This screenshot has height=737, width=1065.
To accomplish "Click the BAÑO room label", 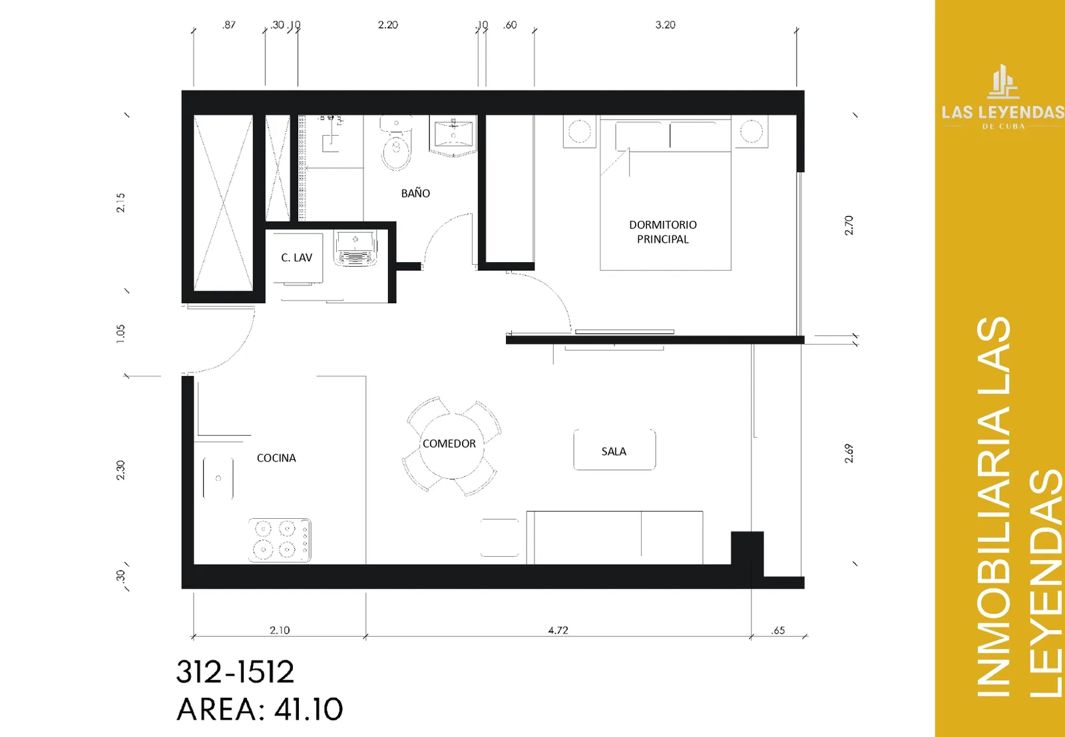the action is point(415,194).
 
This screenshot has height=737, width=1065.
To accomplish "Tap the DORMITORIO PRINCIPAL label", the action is point(663,232).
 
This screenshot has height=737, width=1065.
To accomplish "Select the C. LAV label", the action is point(296,257).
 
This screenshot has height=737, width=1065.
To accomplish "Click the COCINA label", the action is point(276,458).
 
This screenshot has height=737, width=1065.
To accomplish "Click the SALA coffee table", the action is point(614,450).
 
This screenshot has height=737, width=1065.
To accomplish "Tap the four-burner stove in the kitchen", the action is point(280,540).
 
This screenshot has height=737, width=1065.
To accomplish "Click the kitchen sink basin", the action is point(218,478).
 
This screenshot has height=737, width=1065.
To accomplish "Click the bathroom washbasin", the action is point(453,135).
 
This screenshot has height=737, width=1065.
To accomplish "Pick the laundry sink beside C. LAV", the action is point(355,247).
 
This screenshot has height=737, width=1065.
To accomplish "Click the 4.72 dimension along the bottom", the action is point(558,630).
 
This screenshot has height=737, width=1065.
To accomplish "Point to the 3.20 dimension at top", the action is point(665,25).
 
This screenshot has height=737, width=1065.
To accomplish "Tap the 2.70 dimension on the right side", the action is point(849,225).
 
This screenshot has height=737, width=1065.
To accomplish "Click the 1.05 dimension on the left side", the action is point(120,333).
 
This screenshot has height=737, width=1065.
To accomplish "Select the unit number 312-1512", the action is point(236,672).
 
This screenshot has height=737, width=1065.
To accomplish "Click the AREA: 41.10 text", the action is point(260,710).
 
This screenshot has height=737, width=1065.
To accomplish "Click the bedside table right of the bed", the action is point(751,131).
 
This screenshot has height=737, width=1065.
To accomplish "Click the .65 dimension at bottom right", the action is point(778,631).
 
